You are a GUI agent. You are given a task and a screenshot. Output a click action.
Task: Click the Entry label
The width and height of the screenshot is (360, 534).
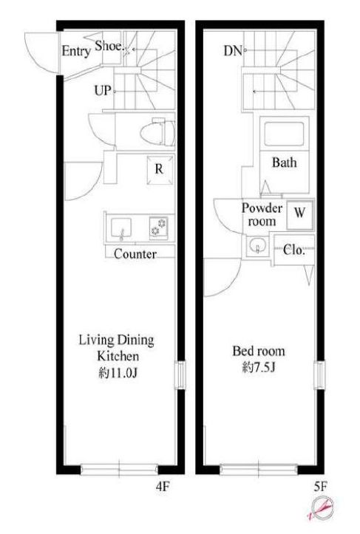[x=76, y=52]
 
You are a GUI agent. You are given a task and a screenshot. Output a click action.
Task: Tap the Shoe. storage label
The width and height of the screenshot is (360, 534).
[x=109, y=46]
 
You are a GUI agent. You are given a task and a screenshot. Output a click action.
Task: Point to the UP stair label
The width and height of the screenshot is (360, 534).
[x=103, y=91]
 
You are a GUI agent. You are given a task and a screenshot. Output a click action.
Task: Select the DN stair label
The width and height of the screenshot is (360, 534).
[x=233, y=51]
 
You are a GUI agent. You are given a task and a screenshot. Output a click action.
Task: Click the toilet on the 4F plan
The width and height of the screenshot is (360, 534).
[x=157, y=134]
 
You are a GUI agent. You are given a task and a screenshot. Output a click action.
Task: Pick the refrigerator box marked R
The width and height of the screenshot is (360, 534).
[x=160, y=170]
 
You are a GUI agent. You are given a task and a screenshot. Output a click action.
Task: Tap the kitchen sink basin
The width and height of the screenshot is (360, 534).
[x=120, y=228]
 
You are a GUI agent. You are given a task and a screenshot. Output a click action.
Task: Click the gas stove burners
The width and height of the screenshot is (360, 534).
[x=158, y=227]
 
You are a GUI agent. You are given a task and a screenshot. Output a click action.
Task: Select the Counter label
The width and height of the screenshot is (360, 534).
[x=135, y=254]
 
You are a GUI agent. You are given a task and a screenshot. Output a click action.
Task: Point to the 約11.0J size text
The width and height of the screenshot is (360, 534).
[x=118, y=373]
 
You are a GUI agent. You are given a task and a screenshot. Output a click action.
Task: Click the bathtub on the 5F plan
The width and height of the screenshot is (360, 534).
[x=284, y=134]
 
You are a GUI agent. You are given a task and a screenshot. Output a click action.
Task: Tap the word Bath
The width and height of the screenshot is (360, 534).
[x=285, y=162]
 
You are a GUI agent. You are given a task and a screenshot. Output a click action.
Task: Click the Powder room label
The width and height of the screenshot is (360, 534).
[x=262, y=214]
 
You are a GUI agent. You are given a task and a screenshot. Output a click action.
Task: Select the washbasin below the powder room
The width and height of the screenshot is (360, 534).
[x=257, y=245]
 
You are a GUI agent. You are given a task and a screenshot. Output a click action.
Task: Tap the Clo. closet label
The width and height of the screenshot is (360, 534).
[x=293, y=250]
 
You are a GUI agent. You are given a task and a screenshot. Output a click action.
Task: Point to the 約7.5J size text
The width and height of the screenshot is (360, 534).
[x=259, y=368]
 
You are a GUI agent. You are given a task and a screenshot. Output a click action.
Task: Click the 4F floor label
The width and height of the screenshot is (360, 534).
[x=163, y=486]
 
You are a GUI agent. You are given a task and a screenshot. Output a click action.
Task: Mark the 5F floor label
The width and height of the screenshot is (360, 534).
[x=321, y=487]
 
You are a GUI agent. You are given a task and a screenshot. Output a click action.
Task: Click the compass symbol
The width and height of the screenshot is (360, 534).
[x=322, y=507]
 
